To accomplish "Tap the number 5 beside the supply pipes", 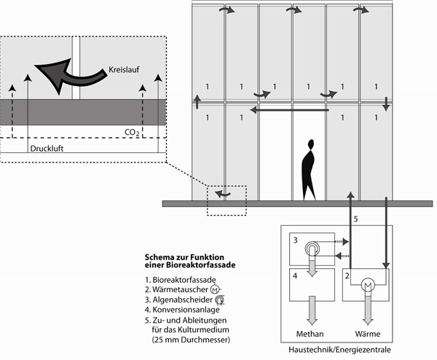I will tap(355, 217).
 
